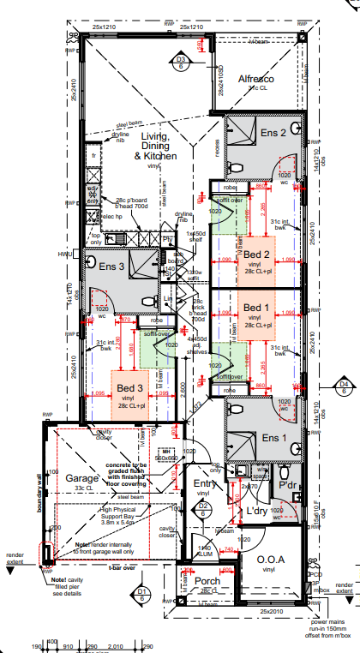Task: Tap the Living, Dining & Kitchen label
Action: click(x=155, y=147)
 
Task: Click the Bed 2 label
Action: click(x=256, y=255)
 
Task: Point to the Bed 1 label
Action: click(x=256, y=308)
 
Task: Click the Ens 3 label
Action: click(x=112, y=267)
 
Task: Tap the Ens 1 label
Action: click(x=273, y=437)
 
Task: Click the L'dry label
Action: click(x=258, y=512)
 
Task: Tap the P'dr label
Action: click(x=295, y=484)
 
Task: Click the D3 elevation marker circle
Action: click(x=181, y=60)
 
